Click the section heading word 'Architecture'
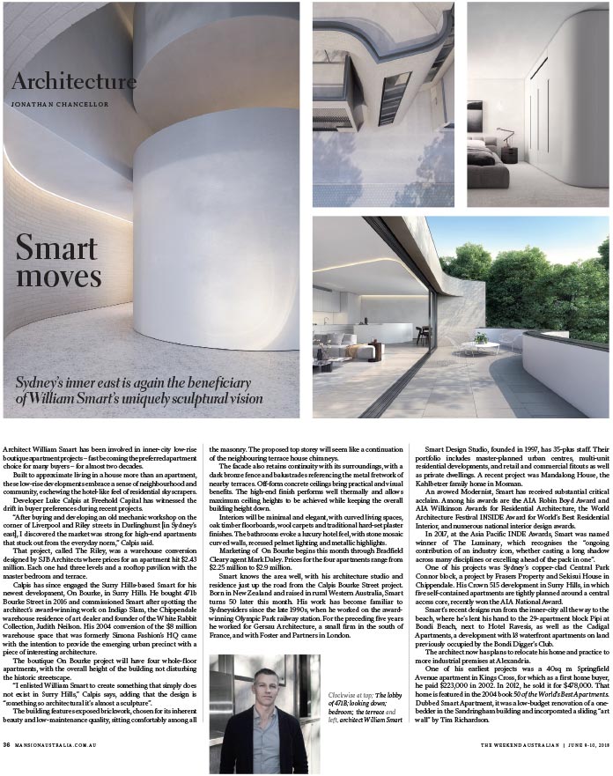click(74, 83)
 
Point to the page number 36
click(8, 769)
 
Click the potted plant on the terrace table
click(480, 336)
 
